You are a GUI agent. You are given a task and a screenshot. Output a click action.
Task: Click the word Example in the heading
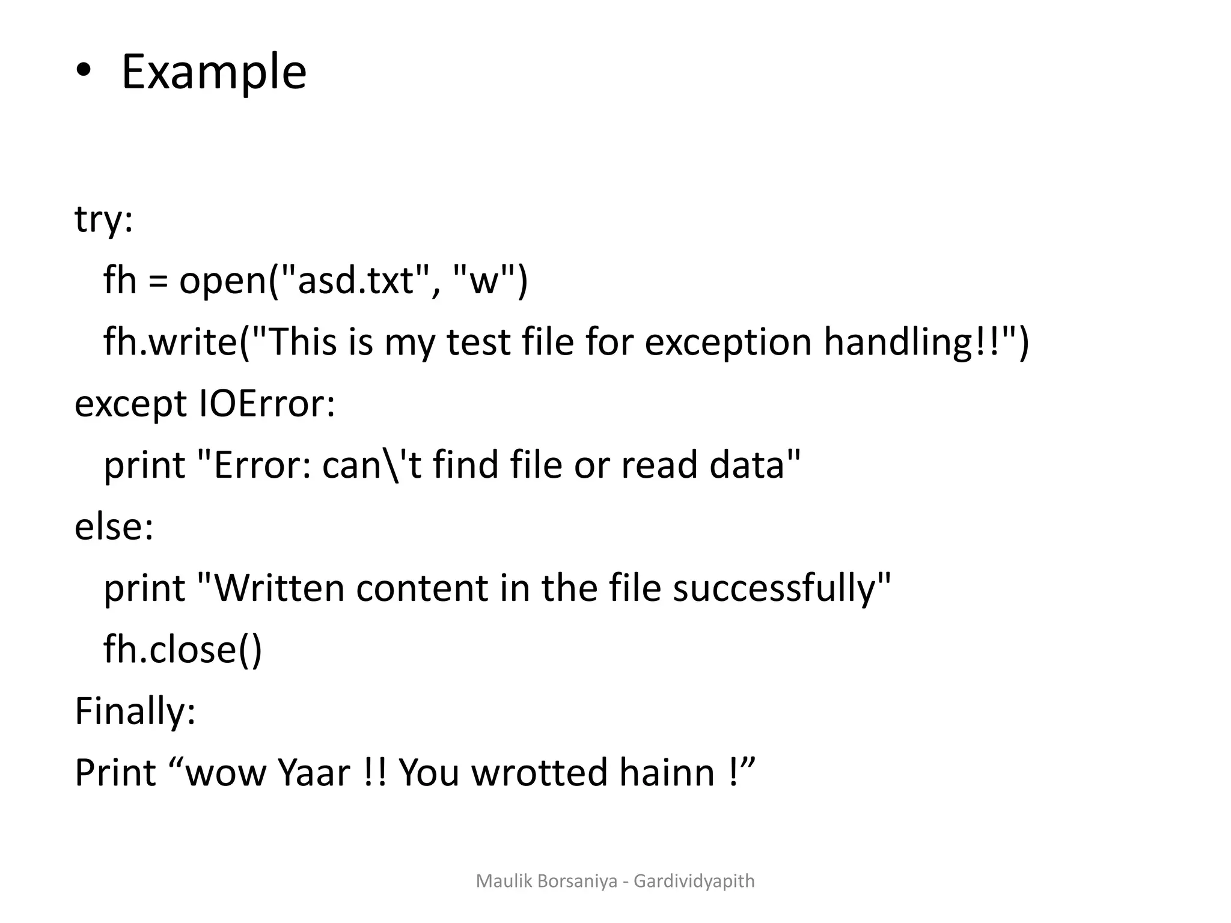point(214,72)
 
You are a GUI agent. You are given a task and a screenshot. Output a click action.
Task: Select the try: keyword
point(103,220)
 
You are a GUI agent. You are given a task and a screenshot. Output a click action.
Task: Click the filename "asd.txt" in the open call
point(356,281)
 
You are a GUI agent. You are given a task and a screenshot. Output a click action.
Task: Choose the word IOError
point(266,404)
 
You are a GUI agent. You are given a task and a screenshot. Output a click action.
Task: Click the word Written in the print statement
point(279,588)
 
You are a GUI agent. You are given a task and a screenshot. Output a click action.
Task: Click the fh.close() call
point(183,650)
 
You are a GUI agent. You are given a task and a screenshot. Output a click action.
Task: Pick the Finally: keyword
point(135,711)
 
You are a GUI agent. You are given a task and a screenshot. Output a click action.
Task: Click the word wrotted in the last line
point(539,773)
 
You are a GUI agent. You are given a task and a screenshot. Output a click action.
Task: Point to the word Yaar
point(314,773)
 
